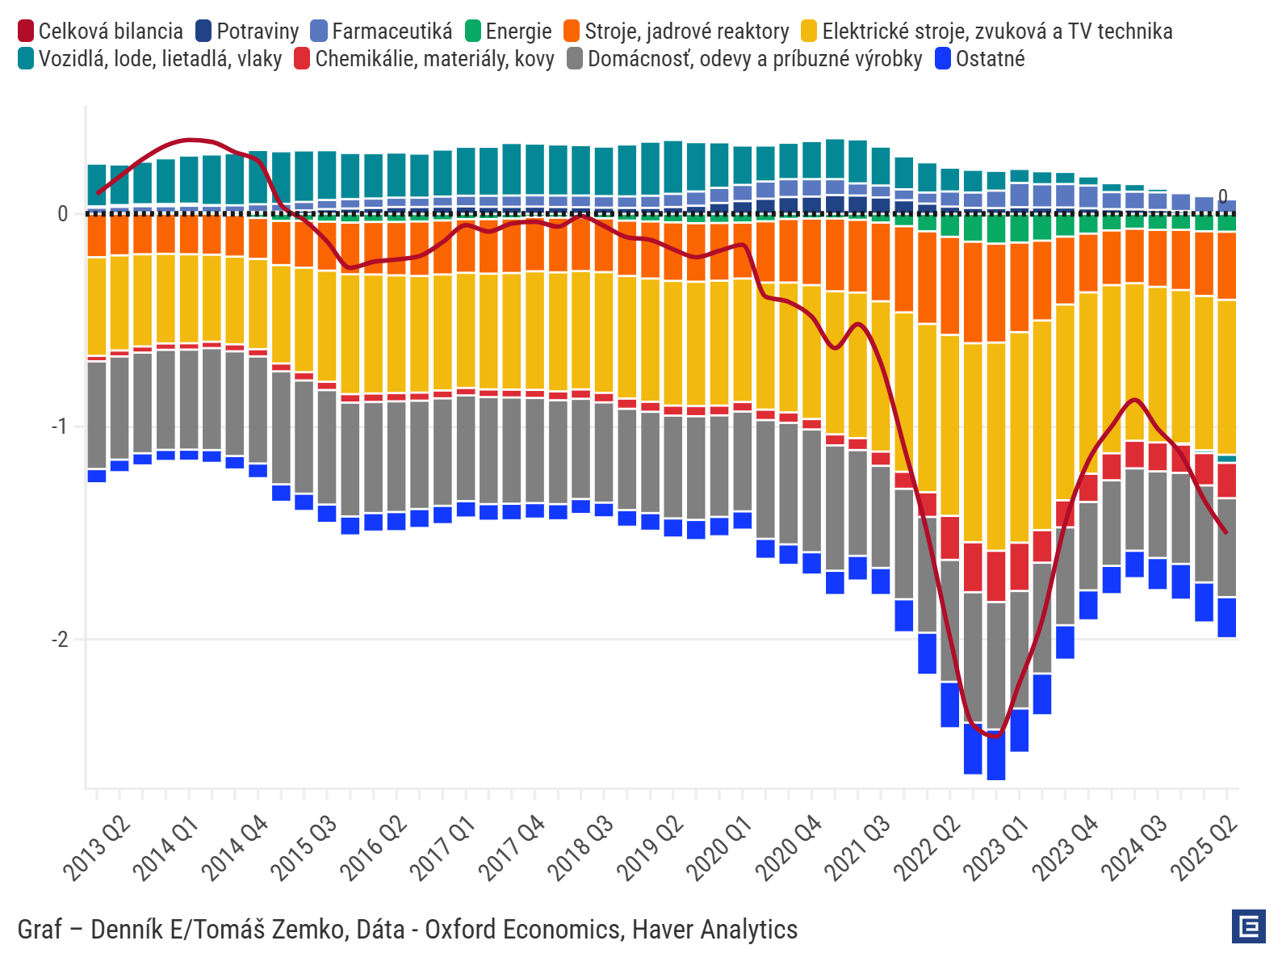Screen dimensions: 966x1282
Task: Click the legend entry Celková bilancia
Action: [x=101, y=31]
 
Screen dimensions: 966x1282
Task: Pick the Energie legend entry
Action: [x=509, y=31]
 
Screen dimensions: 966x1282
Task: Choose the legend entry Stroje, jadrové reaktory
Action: [x=677, y=31]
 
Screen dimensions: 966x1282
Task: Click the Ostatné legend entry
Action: [x=980, y=59]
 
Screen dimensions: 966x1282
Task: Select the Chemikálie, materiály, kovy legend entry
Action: [x=425, y=59]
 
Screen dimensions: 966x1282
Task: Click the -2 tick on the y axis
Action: [x=60, y=640]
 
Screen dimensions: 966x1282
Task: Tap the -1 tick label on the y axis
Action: [x=60, y=426]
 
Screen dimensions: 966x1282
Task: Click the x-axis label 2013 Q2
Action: [x=98, y=848]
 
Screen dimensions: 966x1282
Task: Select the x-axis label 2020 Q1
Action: [x=719, y=848]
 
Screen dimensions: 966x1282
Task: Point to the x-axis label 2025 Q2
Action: [x=1204, y=848]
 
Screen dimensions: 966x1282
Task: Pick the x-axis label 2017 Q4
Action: [x=512, y=848]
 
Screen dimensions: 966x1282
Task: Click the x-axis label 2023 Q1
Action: [x=996, y=848]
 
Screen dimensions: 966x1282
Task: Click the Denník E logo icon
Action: [x=1248, y=926]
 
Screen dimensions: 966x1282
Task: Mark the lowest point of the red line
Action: [x=996, y=736]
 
